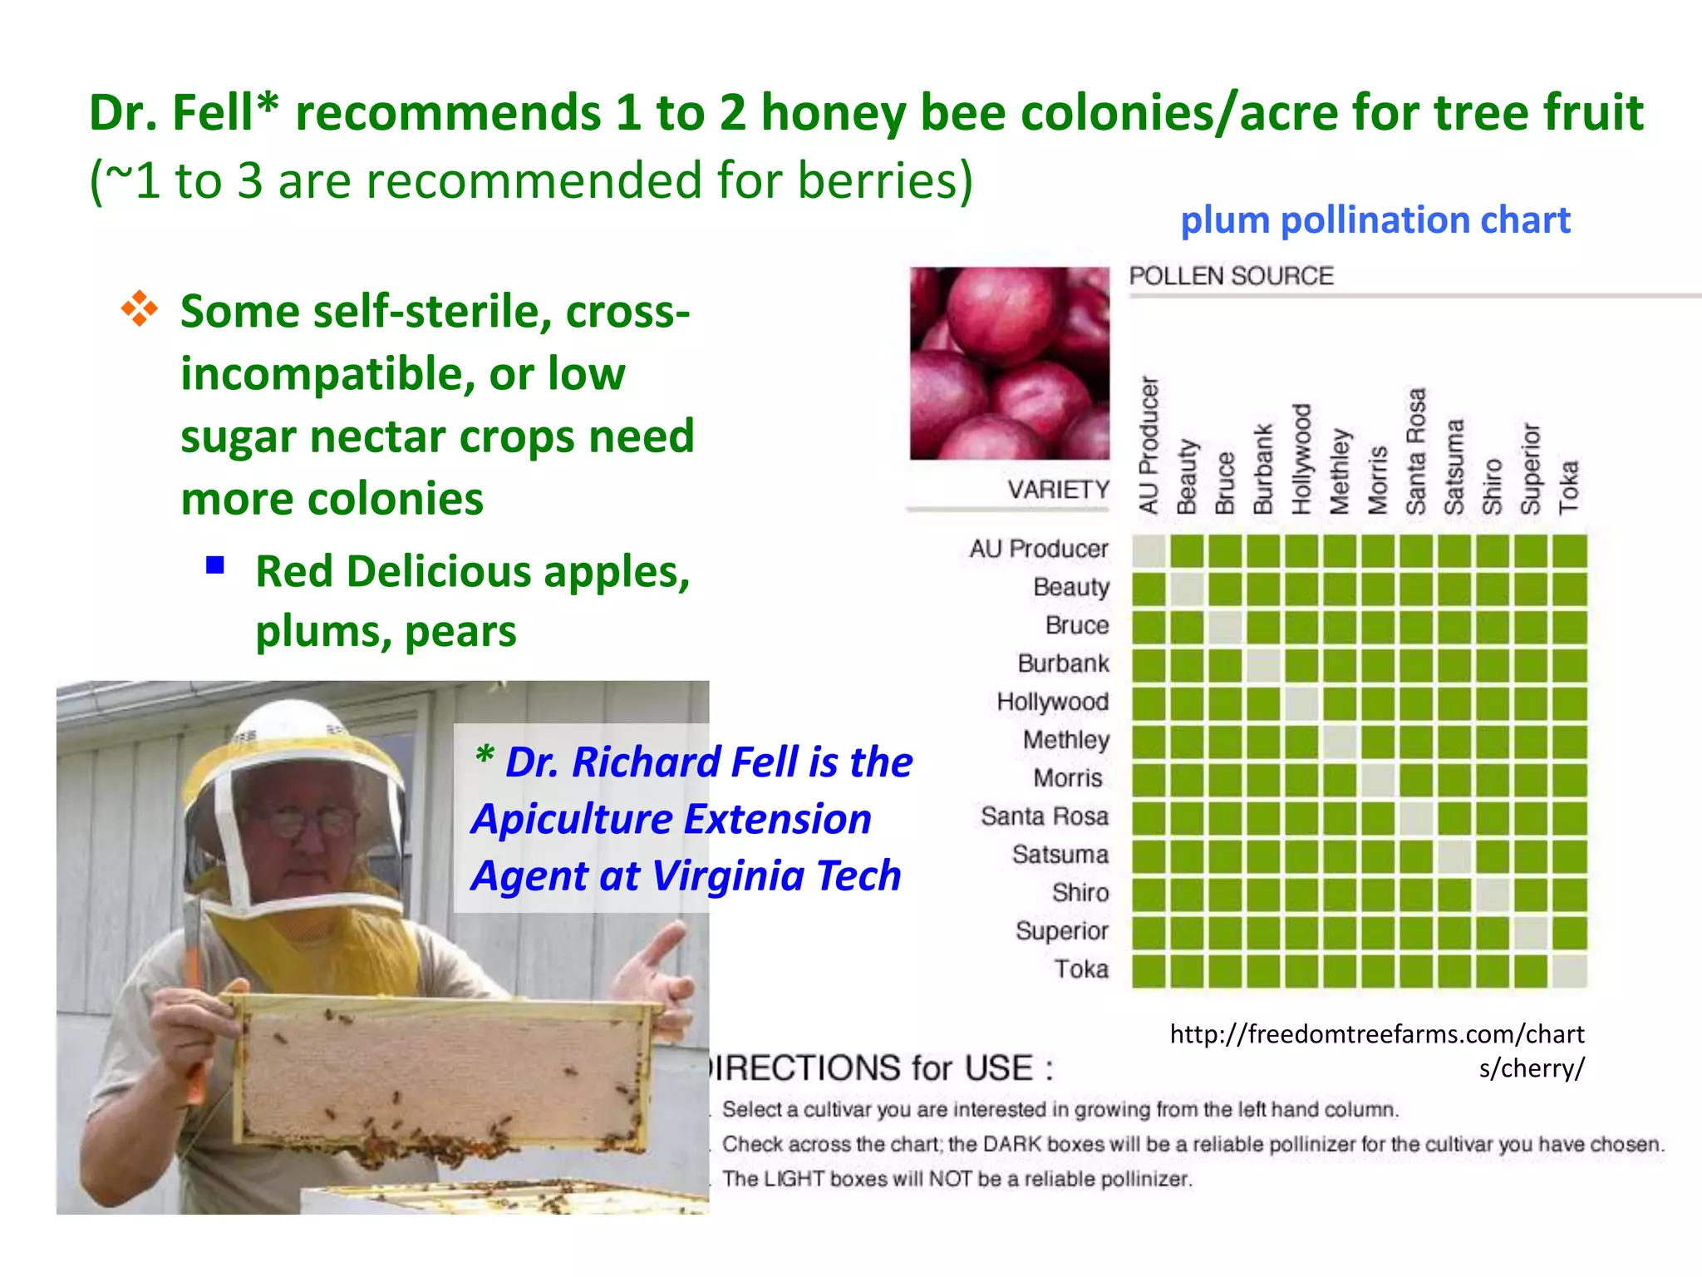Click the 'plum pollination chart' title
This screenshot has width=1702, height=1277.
coord(1375,220)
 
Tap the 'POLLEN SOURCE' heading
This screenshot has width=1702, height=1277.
coord(1231,276)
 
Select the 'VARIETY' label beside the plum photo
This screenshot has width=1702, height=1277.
coord(1058,490)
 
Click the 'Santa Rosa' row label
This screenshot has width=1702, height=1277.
coord(1044,816)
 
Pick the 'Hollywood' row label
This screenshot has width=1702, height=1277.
coord(1052,702)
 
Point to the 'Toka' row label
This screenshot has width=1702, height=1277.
coord(1081,969)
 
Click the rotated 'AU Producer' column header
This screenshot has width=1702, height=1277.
coord(1149,445)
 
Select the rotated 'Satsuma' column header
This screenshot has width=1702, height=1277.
coord(1454,466)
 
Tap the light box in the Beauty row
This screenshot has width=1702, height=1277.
coord(1187,589)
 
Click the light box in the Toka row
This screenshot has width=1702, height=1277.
coord(1569,971)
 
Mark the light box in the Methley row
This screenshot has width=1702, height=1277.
coord(1340,742)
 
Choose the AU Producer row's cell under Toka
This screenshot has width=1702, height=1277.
coord(1569,551)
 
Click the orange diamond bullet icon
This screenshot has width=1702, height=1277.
coord(140,308)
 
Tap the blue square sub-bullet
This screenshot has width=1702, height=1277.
coord(216,566)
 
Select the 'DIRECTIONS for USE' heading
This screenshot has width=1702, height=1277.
coord(881,1068)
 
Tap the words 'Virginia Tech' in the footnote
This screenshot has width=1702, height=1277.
coord(776,876)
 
